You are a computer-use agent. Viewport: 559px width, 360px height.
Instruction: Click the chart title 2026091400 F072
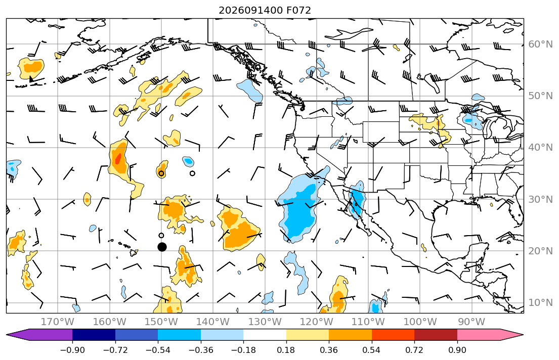(265, 10)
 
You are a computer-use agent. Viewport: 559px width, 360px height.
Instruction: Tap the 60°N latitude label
(540, 44)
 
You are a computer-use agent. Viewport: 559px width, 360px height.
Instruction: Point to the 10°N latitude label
(540, 303)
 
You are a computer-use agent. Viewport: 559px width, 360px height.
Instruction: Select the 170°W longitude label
(58, 322)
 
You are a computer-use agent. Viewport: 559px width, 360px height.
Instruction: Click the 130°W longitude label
(265, 322)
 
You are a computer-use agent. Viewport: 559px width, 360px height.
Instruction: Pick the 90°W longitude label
(471, 322)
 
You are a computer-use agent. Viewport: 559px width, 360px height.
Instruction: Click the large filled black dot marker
(162, 247)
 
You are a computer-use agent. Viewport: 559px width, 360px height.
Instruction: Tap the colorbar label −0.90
(72, 350)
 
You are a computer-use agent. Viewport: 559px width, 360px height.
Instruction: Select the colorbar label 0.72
(414, 350)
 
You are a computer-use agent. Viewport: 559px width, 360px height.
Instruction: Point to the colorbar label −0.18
(243, 350)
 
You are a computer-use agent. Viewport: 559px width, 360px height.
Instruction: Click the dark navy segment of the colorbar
(94, 335)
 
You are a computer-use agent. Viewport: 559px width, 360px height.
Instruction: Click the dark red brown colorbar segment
(436, 335)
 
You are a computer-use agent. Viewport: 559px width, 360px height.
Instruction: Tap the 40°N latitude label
(540, 147)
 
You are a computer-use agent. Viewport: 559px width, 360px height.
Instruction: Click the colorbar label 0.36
(329, 350)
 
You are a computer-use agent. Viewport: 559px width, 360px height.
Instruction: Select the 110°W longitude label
(368, 322)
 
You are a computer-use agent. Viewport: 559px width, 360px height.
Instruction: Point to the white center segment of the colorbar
(265, 335)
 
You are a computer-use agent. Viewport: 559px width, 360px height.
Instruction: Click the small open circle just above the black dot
(161, 235)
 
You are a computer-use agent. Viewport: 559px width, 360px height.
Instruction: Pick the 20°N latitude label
(540, 251)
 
